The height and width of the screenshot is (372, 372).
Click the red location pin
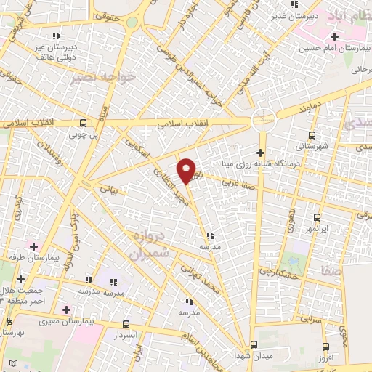pos(187,170)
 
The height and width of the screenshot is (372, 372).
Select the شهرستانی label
pos(312,146)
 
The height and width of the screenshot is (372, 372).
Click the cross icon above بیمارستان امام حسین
pos(335,37)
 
